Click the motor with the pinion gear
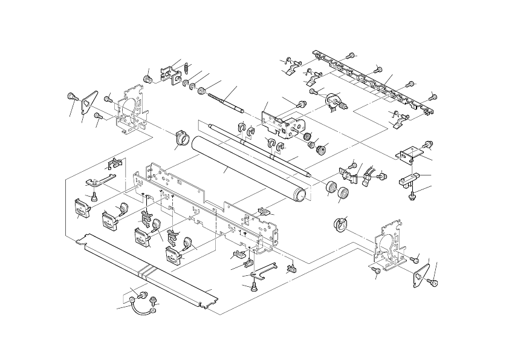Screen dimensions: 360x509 click(x=332, y=102)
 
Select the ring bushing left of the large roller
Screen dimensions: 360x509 click(x=179, y=136)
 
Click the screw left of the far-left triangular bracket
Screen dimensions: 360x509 click(x=72, y=96)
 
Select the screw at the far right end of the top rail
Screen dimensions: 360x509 click(x=433, y=96)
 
